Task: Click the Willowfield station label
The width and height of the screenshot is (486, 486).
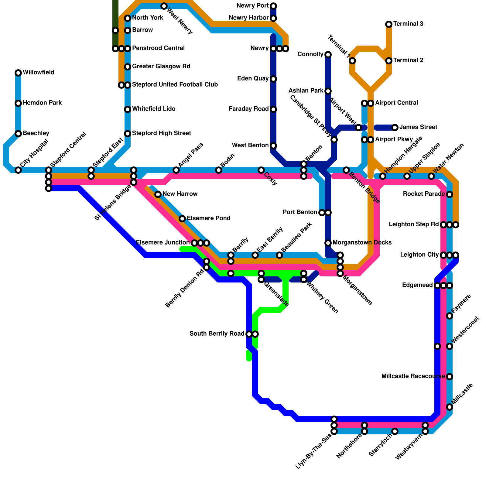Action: click(x=38, y=73)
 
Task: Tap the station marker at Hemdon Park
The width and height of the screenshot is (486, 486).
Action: click(x=18, y=103)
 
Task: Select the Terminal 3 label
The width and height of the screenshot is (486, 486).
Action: click(x=408, y=24)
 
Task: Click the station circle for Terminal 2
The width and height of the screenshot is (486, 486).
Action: click(x=389, y=61)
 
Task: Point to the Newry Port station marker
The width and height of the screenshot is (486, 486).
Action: click(x=273, y=6)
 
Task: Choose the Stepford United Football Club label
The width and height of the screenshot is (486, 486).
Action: click(x=175, y=85)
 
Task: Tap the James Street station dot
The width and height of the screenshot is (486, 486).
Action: click(x=395, y=128)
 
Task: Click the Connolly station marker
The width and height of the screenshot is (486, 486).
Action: click(x=328, y=55)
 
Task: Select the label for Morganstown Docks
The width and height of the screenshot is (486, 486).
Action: click(x=362, y=243)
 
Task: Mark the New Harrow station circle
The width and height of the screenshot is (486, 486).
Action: click(x=158, y=194)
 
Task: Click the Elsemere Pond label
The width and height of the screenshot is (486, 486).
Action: click(x=208, y=218)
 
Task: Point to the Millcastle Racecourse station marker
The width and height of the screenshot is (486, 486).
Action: click(x=450, y=377)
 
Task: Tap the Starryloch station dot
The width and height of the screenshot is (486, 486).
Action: click(x=395, y=431)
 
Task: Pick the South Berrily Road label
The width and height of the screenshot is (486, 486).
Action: click(x=217, y=334)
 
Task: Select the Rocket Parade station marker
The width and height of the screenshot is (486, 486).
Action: click(x=450, y=194)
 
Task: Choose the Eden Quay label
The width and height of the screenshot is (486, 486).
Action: click(x=254, y=79)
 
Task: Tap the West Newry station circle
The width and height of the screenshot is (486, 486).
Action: click(x=164, y=6)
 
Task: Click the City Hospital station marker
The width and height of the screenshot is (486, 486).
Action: click(x=18, y=170)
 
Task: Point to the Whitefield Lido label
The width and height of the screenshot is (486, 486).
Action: click(x=154, y=109)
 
